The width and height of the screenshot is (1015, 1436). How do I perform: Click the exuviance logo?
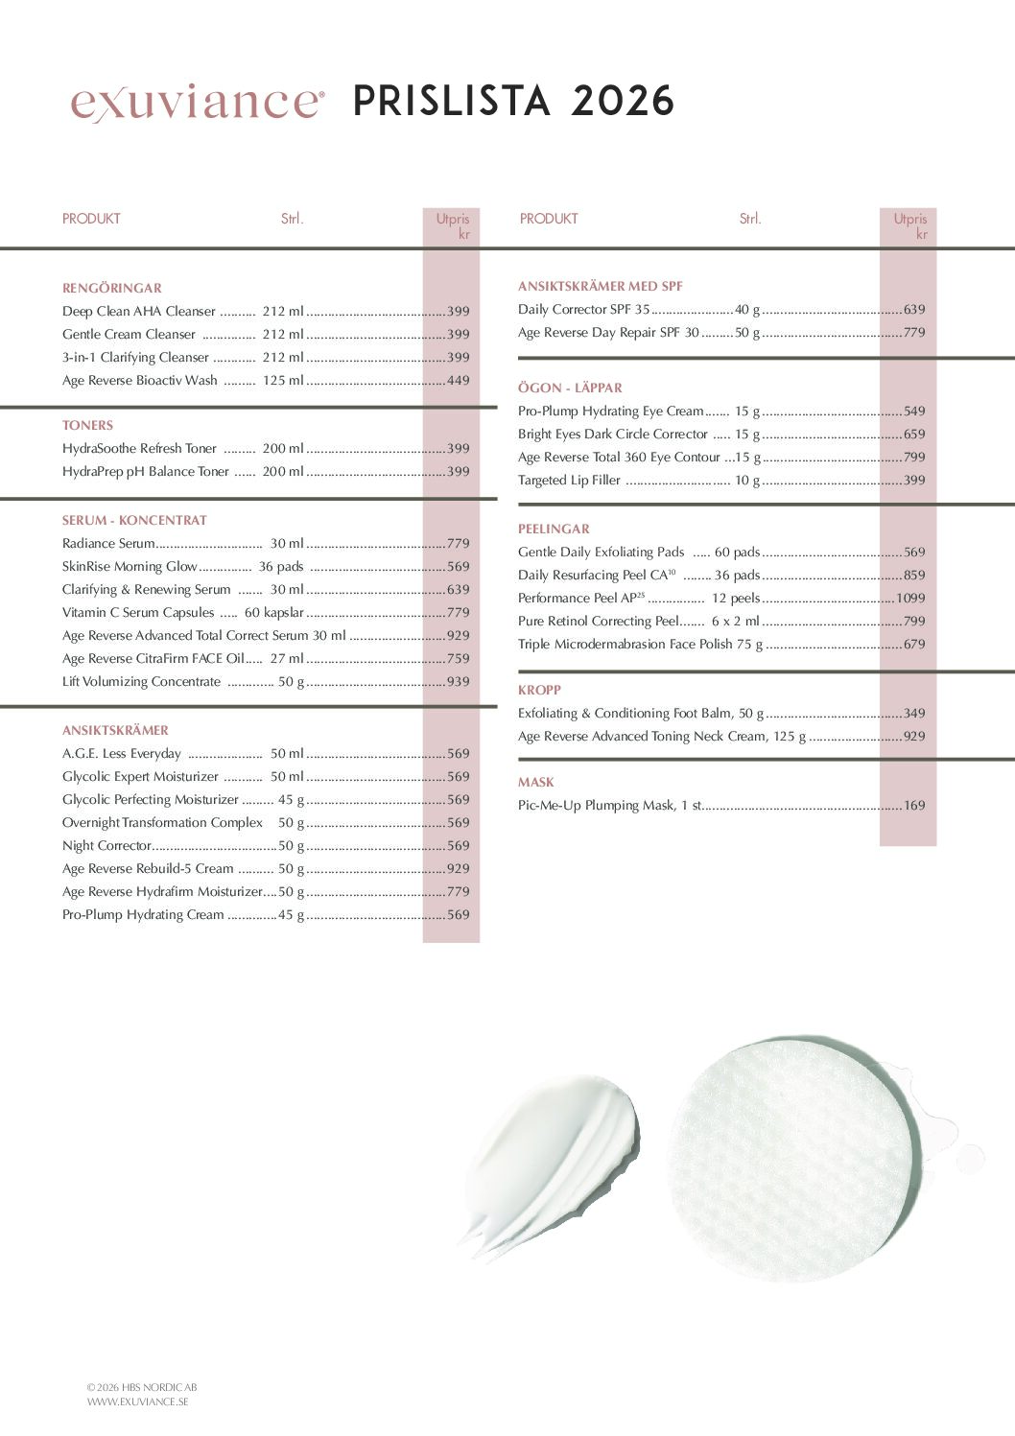[x=197, y=102]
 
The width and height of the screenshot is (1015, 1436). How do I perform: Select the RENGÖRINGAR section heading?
[x=111, y=288]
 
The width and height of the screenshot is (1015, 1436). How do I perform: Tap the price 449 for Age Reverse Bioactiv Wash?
[x=459, y=381]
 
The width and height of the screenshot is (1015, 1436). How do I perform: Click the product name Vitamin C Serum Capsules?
[x=138, y=613]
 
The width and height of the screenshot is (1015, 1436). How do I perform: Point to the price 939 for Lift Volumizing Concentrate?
[x=459, y=682]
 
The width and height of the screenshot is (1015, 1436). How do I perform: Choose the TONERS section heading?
[x=87, y=425]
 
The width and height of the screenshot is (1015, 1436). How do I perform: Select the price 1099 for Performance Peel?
[x=910, y=599]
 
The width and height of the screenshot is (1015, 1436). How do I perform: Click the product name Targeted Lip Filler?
[x=569, y=481]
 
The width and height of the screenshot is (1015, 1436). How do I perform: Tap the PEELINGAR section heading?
[x=554, y=529]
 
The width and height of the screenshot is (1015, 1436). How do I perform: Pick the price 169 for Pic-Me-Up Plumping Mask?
[x=914, y=806]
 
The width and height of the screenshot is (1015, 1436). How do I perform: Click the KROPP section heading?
[x=539, y=690]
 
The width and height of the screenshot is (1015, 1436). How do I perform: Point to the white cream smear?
[x=552, y=1161]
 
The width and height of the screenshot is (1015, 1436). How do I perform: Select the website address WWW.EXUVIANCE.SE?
[x=137, y=1401]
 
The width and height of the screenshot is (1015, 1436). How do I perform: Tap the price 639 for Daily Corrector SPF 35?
[x=914, y=310]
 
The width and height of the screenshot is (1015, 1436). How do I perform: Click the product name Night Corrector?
[x=106, y=846]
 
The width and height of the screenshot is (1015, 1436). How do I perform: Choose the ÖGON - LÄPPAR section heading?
[x=570, y=388]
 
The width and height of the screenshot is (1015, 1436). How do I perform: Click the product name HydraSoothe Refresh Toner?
[x=139, y=449]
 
